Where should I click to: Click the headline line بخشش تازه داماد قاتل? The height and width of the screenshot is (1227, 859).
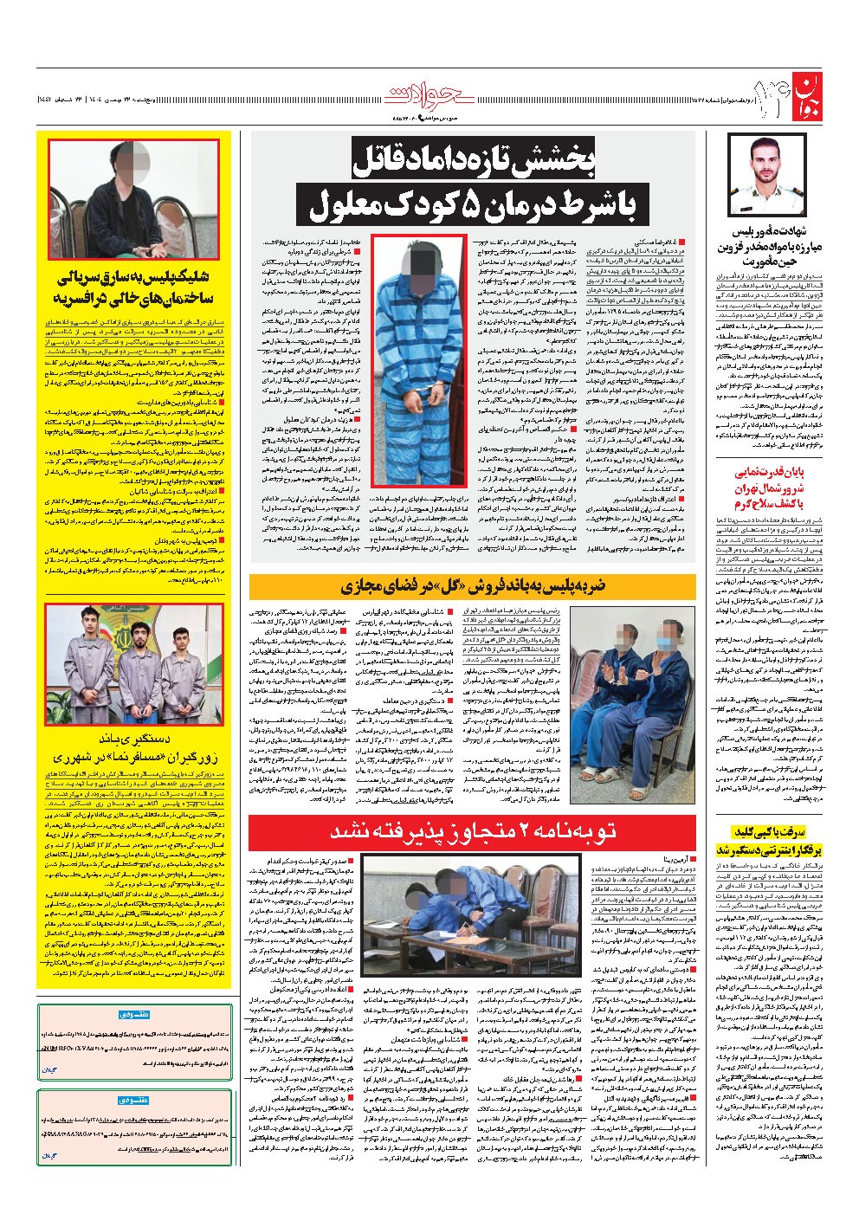475,162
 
